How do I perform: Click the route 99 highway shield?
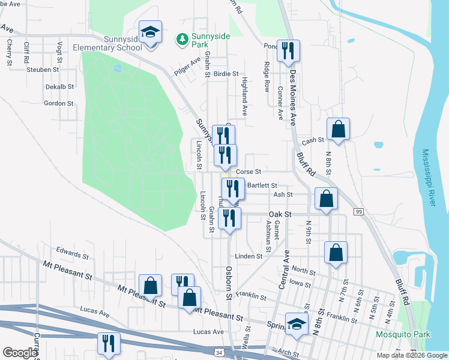tap(360, 212)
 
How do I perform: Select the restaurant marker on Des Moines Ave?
tap(288, 52)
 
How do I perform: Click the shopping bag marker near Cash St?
tap(339, 129)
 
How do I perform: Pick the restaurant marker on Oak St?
tap(229, 218)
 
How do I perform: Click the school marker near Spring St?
tap(296, 325)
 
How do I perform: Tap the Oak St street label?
tap(280, 214)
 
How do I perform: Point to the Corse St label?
tap(247, 172)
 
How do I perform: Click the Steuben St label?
tap(43, 70)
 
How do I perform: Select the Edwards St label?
tap(72, 251)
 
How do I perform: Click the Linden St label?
tap(249, 256)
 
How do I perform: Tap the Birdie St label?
tap(226, 74)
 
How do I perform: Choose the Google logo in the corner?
tap(20, 353)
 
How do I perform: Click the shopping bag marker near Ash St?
tap(325, 199)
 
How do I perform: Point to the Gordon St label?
tap(59, 103)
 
